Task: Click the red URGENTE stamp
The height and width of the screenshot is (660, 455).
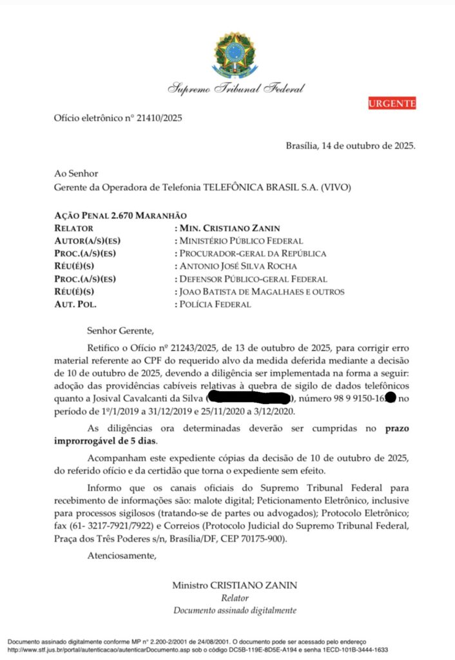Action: [x=392, y=103]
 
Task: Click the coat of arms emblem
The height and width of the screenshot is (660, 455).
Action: [x=235, y=53]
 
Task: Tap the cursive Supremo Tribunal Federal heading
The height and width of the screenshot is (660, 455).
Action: [x=236, y=88]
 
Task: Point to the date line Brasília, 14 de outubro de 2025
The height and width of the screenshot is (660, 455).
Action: [x=351, y=146]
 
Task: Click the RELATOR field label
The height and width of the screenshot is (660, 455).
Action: [x=74, y=228]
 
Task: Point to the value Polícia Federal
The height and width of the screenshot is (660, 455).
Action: [x=215, y=304]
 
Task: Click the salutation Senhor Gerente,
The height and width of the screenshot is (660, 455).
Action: [x=121, y=332]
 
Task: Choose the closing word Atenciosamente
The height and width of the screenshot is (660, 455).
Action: [x=122, y=555]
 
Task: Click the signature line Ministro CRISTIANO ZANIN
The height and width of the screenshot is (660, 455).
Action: [x=235, y=585]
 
